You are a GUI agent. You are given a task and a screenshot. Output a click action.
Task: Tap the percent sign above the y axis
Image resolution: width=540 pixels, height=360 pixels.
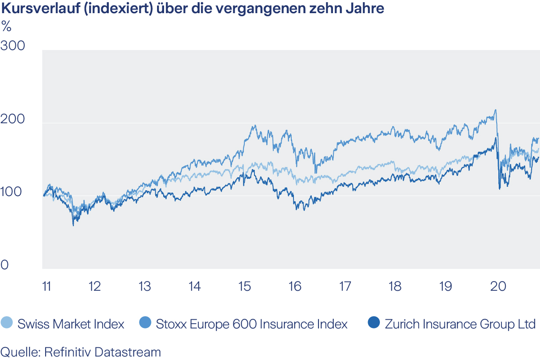6,27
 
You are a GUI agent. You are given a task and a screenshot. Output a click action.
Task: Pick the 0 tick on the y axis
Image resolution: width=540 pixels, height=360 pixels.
4,265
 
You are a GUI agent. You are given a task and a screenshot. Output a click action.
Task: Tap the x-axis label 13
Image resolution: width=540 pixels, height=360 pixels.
144,287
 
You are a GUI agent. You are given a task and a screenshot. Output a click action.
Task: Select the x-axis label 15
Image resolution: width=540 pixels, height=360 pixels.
244,287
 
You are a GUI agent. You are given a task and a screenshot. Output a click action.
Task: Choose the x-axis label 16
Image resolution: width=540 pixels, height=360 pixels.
295,287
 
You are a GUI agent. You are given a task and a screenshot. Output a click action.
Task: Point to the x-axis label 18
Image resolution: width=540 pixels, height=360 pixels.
395,287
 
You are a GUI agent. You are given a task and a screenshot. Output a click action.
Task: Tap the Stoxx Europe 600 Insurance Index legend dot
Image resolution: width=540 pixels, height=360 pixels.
146,324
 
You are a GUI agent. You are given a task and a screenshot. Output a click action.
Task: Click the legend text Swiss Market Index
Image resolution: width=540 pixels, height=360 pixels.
71,324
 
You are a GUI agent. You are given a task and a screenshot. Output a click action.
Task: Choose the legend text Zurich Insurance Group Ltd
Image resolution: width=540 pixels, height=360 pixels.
460,324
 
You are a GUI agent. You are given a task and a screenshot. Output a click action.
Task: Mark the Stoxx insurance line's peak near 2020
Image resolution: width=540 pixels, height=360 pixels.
495,110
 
